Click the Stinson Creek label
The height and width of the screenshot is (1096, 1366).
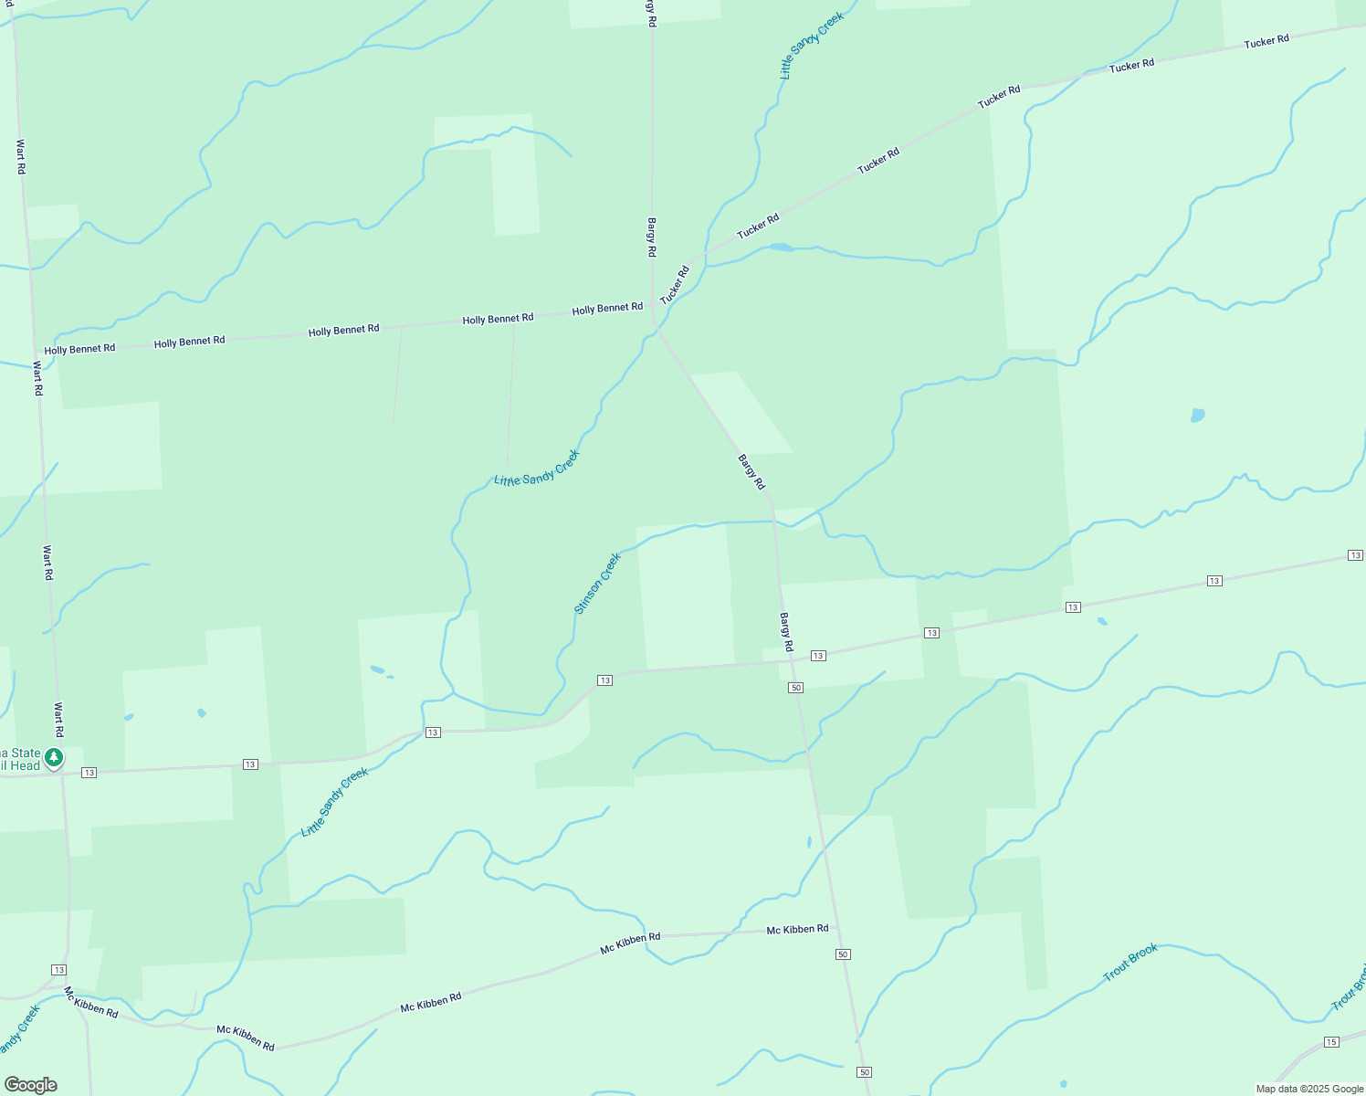[x=597, y=583]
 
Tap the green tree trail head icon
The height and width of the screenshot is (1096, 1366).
[x=54, y=757]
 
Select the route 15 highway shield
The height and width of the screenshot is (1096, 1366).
[x=1331, y=1042]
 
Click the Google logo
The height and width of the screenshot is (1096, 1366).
[x=30, y=1085]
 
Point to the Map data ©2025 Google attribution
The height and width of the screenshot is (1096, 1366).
[x=1309, y=1089]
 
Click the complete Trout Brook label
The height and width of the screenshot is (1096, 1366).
[x=1130, y=962]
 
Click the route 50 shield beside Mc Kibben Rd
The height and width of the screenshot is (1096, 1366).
[x=842, y=954]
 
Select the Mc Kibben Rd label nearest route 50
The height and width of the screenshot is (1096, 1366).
[x=797, y=929]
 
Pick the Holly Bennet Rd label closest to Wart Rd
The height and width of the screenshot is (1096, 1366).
[x=79, y=349]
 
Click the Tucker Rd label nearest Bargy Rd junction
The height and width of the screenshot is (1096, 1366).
[x=675, y=285]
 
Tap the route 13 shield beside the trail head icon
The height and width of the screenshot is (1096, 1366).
[x=89, y=773]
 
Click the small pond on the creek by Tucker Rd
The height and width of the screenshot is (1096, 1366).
[x=781, y=248]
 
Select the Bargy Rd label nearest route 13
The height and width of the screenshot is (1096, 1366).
[x=786, y=632]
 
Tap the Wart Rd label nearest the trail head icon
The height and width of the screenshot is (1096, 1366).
[x=58, y=720]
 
